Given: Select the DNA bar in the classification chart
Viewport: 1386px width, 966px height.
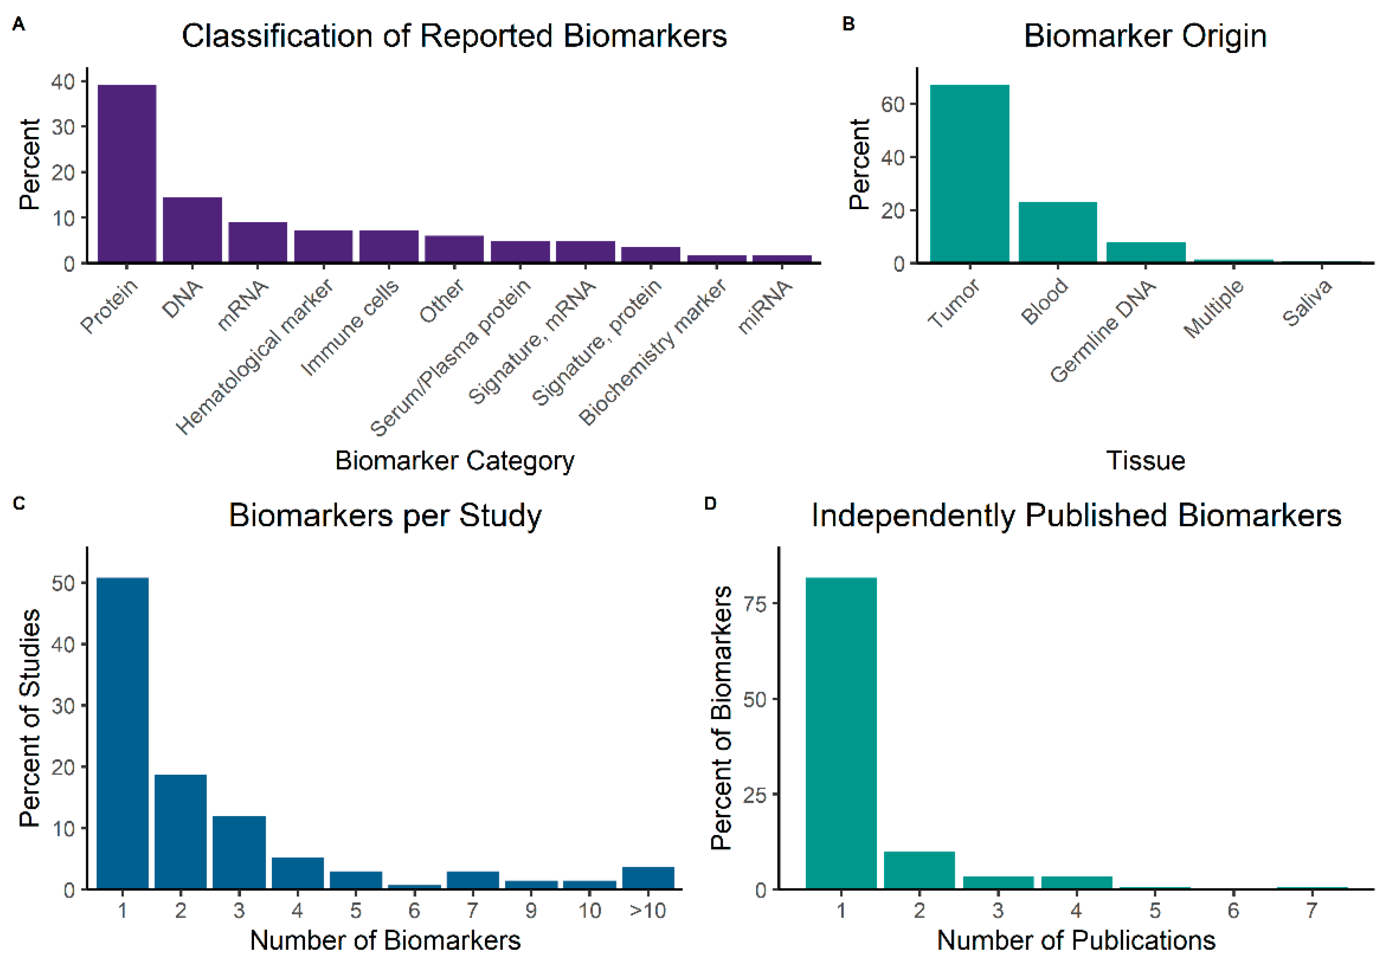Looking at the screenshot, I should [192, 230].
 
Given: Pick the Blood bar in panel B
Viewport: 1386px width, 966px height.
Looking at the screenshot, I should [1057, 232].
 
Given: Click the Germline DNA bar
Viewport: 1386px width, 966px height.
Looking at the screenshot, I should [1145, 252].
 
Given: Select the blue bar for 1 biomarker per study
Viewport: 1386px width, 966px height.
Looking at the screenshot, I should [123, 733].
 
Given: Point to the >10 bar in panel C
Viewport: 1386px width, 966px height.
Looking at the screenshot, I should [648, 877].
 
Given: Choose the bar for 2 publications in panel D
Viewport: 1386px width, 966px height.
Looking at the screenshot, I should [919, 869].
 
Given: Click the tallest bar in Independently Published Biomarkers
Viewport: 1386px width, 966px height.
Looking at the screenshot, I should [841, 733].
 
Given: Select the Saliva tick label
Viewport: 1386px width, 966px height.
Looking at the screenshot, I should [1306, 303].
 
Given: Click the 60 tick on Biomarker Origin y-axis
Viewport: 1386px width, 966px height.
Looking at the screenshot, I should [892, 104].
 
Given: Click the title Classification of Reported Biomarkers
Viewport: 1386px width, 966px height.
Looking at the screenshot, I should [454, 36].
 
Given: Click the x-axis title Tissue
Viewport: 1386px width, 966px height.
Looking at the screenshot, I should [1145, 460].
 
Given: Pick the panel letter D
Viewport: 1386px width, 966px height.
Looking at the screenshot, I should [710, 503].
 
